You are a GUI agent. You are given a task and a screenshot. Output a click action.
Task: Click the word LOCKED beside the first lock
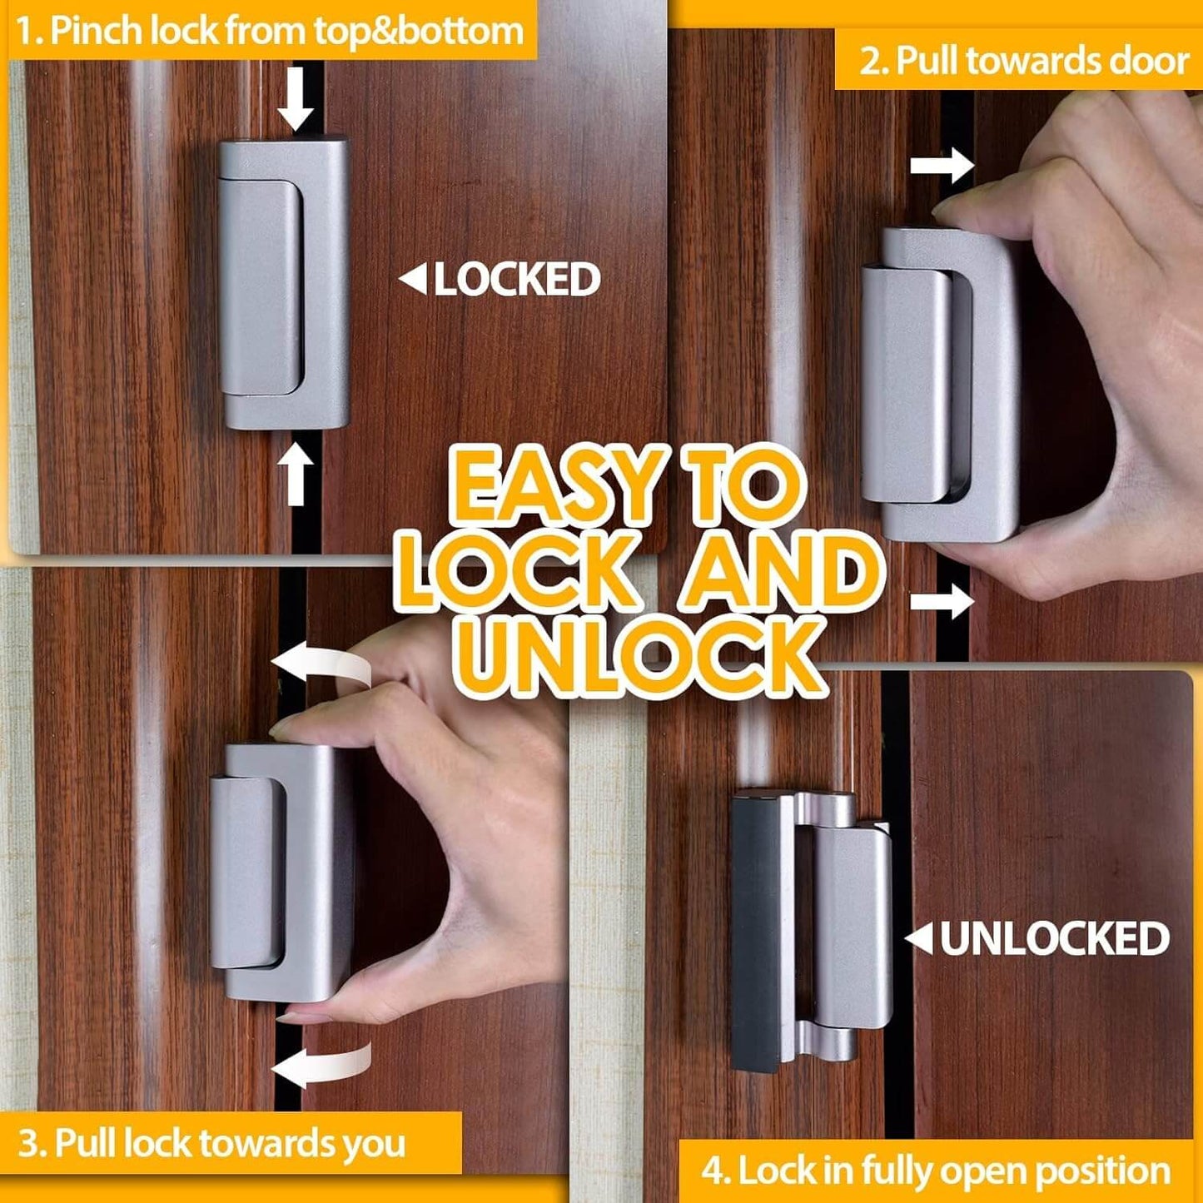tap(517, 280)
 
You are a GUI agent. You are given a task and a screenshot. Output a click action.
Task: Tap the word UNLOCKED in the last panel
tap(1054, 939)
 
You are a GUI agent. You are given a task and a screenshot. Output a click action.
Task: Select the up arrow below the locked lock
tap(296, 475)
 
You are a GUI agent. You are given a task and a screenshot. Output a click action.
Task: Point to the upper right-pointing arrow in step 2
tap(942, 165)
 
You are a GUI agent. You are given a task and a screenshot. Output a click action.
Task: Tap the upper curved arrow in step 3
tap(321, 667)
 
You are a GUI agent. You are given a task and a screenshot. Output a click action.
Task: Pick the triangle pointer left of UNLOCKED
tap(919, 939)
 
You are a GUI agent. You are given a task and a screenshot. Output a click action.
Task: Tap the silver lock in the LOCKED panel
tap(283, 283)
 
